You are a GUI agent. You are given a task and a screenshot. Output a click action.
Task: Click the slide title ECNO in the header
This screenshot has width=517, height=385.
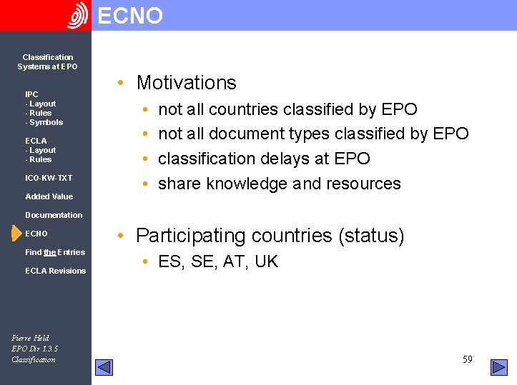coord(130,15)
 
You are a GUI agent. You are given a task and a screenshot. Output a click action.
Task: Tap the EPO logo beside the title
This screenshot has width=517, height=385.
coord(78,15)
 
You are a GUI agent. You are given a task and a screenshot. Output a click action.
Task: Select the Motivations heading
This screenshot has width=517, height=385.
coord(186,83)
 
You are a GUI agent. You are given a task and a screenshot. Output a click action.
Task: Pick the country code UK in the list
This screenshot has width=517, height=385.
coord(266,261)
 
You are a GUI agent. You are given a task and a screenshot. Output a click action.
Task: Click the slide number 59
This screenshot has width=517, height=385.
coord(467,359)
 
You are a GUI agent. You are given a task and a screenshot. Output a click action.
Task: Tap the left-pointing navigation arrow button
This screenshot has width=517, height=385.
coord(104,367)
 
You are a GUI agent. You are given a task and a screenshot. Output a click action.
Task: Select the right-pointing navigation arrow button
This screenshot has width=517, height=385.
coord(498,367)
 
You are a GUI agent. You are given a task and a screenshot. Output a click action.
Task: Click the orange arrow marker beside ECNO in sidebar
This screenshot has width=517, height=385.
coord(16,234)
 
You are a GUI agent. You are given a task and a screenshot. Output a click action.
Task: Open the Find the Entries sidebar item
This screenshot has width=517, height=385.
coord(55,252)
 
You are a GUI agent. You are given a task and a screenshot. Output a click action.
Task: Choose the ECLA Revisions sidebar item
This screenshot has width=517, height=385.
coord(55,271)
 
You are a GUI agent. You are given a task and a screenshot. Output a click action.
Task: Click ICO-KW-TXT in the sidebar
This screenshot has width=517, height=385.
coord(49,178)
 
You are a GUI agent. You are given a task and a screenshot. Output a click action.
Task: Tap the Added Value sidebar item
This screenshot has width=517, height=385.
coord(49,196)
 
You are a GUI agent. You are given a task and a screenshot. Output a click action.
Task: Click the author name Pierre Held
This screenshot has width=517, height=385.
coord(31,338)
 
